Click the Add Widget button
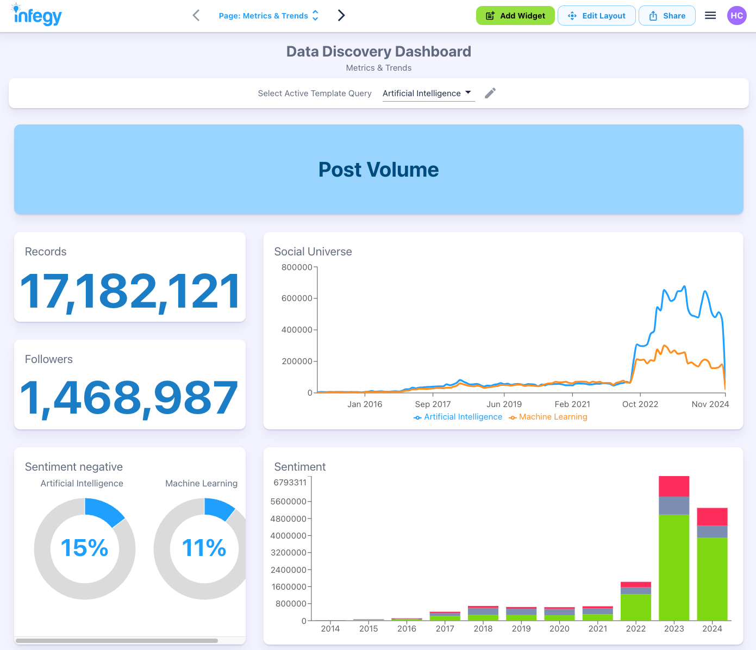point(515,16)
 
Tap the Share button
point(667,16)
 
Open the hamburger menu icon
point(710,16)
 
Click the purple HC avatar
point(736,16)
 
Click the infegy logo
point(38,16)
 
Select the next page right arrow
point(341,16)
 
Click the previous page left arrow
point(196,16)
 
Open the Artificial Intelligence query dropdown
point(427,93)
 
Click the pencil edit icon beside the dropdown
point(490,93)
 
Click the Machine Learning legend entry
point(548,417)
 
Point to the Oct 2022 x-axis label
point(640,404)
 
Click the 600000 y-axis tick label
point(297,298)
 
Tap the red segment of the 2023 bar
point(674,486)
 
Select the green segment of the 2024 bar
point(712,579)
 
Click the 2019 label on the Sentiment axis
point(521,629)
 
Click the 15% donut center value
point(85,548)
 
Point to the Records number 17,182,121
point(130,292)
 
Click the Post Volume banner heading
point(378,170)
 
